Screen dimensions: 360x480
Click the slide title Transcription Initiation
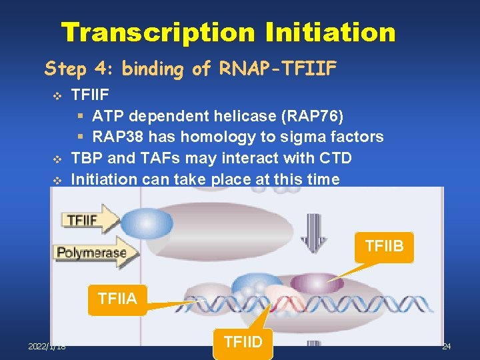(228, 31)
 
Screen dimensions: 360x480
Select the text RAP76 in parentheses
(313, 116)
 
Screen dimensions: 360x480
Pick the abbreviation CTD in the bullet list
(337, 158)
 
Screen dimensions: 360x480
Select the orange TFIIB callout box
(385, 246)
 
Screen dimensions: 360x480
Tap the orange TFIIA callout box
(117, 298)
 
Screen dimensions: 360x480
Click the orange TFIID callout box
(243, 342)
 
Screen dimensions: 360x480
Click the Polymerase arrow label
(92, 253)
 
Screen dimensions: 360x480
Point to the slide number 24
(446, 347)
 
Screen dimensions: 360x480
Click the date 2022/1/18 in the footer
(48, 347)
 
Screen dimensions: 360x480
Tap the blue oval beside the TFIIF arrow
(146, 222)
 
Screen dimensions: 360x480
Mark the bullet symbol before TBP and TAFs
(56, 159)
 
